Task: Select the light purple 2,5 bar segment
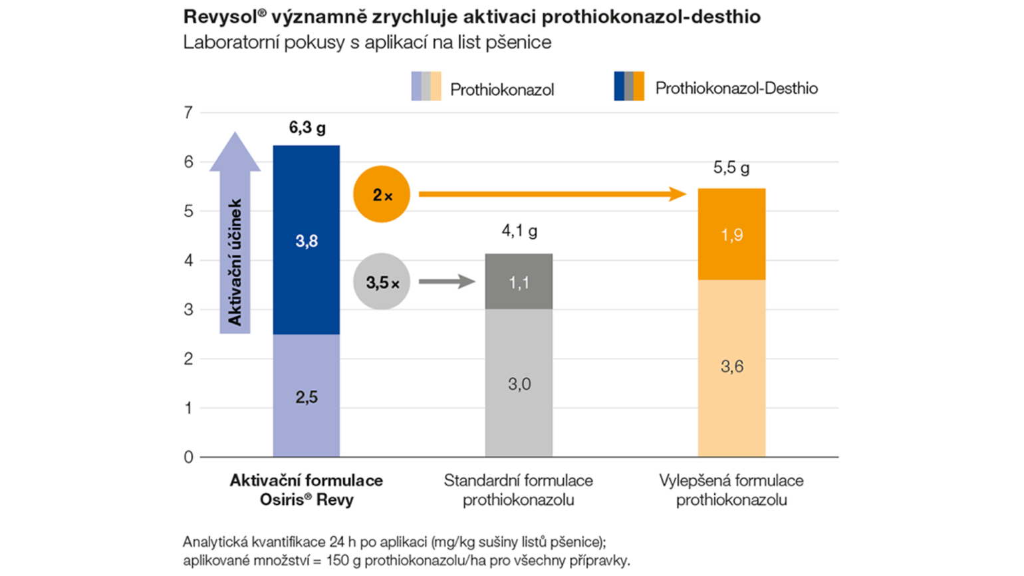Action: (x=307, y=396)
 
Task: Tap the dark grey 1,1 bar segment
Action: (x=519, y=282)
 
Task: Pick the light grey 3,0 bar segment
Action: (x=519, y=383)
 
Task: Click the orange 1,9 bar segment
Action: (x=731, y=234)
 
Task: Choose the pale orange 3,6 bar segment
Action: (x=731, y=367)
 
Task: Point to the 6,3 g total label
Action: (x=307, y=128)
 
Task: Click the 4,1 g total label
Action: (x=519, y=231)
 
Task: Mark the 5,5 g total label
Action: (x=731, y=168)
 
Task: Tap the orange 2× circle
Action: (x=382, y=195)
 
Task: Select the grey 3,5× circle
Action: (x=382, y=282)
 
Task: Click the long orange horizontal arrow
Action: (x=552, y=194)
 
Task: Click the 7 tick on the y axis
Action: (x=188, y=112)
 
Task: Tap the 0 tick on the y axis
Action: (x=188, y=458)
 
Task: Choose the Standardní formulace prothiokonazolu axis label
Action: (x=519, y=490)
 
